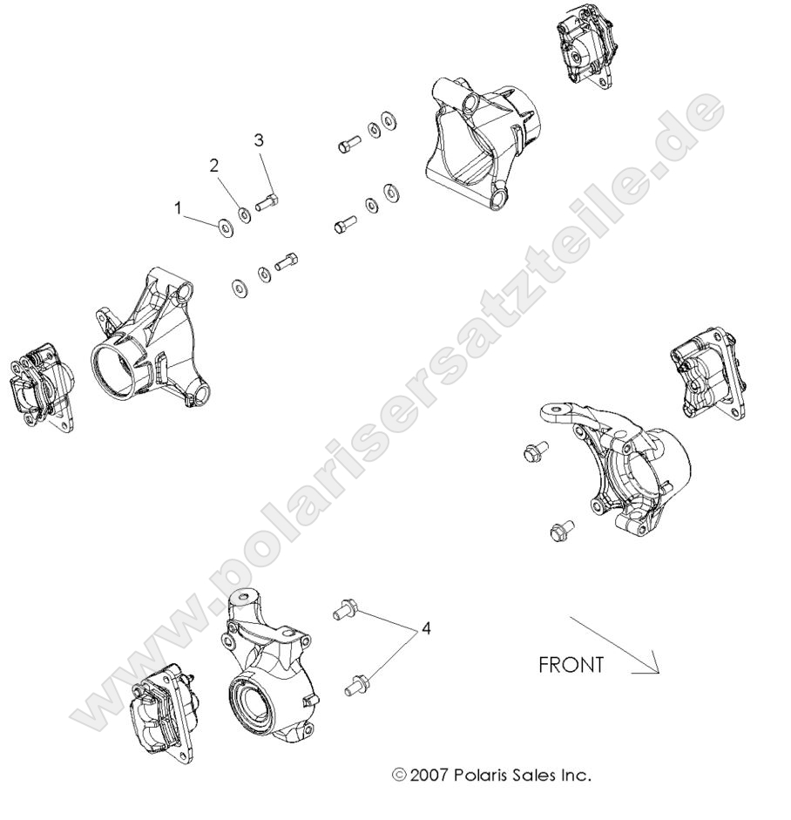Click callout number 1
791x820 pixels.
coord(179,208)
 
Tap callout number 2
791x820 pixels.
coord(214,166)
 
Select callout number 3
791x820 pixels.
coord(259,140)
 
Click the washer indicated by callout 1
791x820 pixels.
coord(225,228)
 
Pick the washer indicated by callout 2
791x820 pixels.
coord(246,214)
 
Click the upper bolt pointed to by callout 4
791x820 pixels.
coord(345,610)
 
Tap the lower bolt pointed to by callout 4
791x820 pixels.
coord(355,685)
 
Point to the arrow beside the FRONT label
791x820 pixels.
coord(614,645)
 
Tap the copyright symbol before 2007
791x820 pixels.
coord(399,774)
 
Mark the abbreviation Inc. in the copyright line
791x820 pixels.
coord(578,774)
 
